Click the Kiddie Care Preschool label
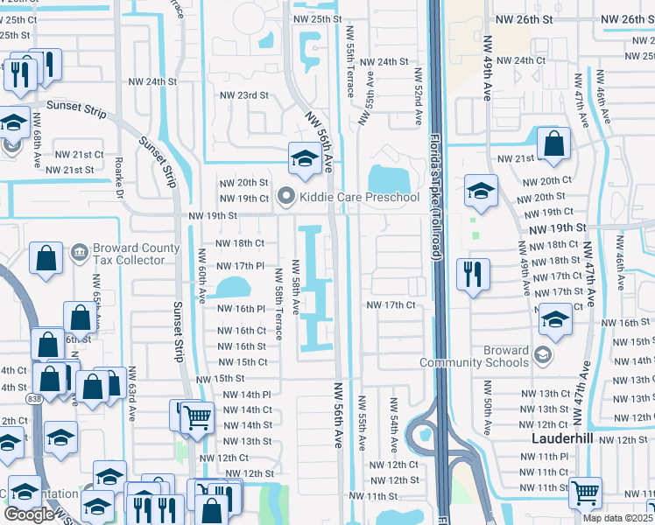360,197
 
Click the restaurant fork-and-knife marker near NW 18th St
472,274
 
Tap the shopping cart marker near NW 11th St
585,492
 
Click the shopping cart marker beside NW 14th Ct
198,417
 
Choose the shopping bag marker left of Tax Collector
46,258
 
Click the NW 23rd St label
243,95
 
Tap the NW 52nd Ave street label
419,95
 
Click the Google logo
28,514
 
